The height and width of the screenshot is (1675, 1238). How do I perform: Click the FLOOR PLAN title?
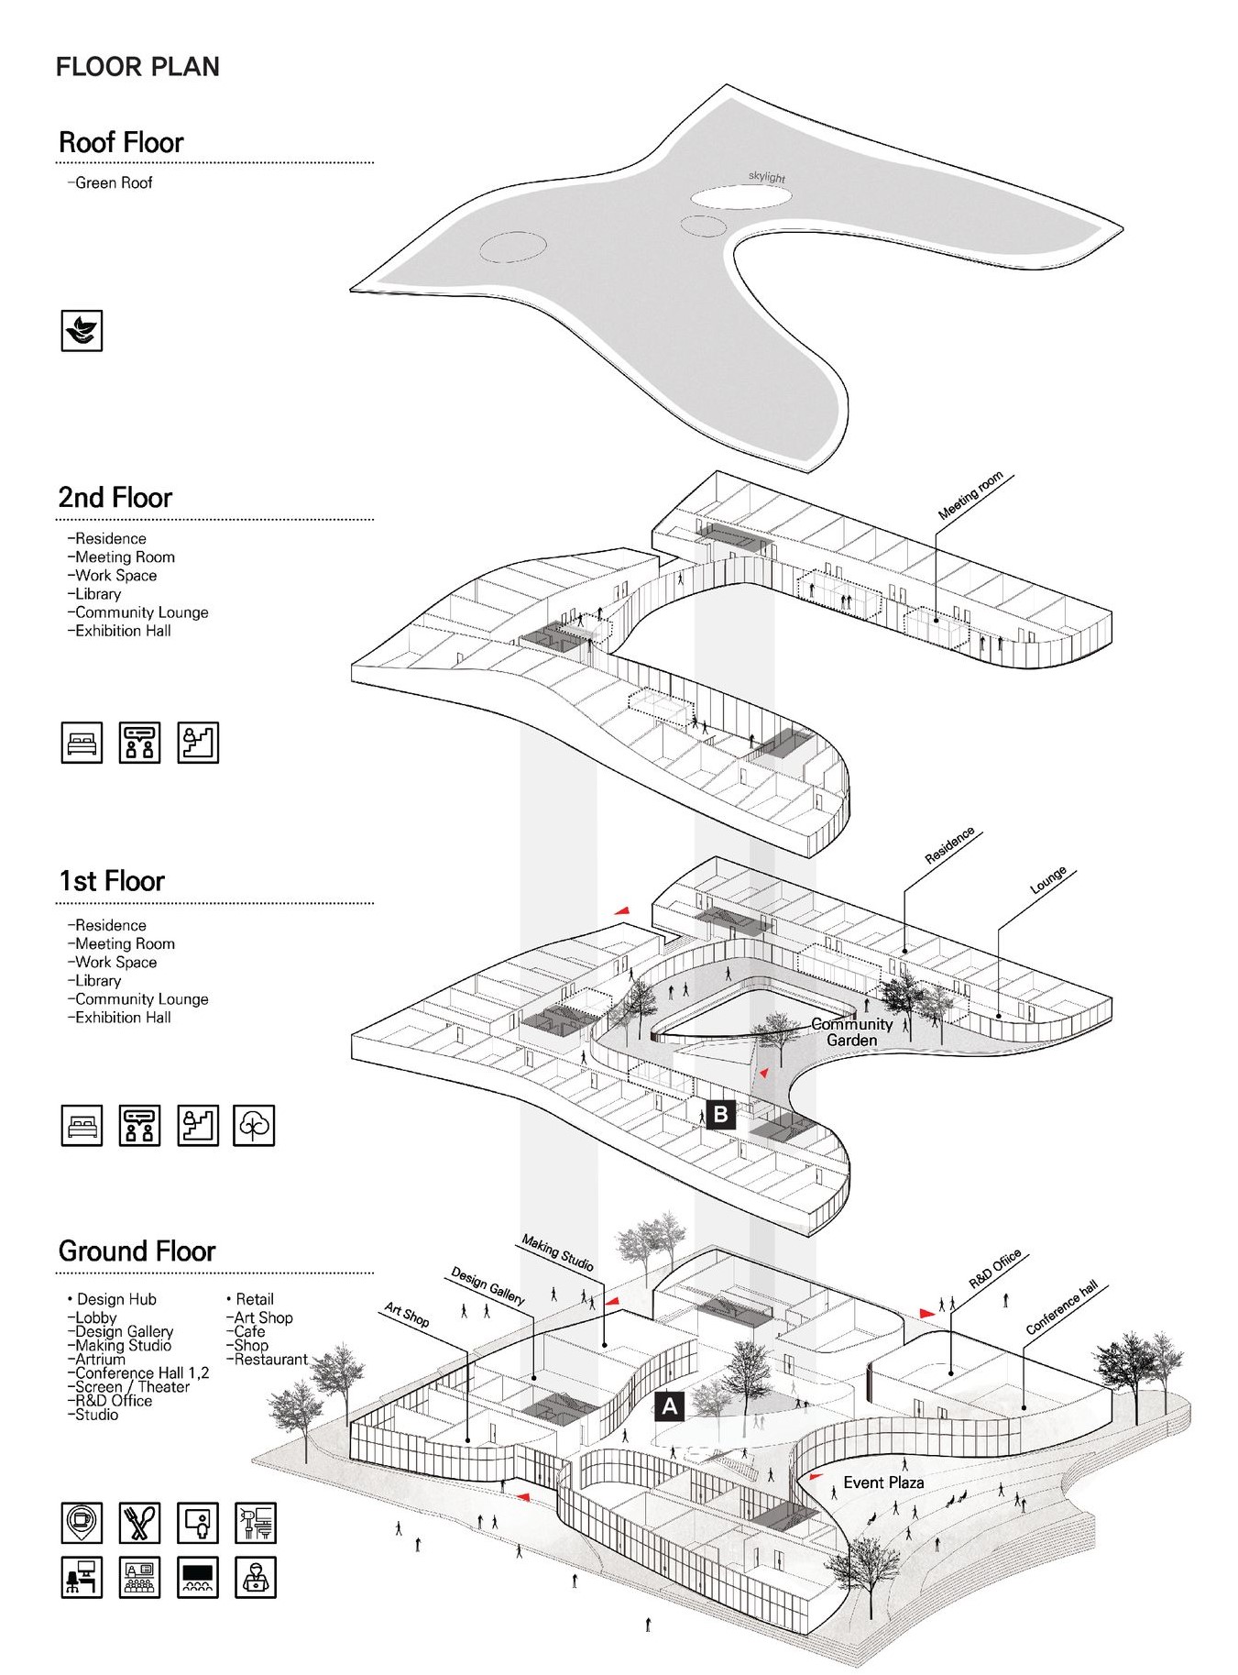[x=137, y=67]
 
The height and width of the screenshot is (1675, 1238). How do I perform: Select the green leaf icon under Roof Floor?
[x=82, y=331]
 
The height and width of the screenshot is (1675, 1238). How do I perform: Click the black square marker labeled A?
[x=670, y=1406]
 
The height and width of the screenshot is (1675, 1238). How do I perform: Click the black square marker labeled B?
[x=720, y=1114]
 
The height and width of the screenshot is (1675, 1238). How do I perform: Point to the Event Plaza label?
[x=883, y=1482]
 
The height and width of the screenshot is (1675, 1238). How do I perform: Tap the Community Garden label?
[x=851, y=1032]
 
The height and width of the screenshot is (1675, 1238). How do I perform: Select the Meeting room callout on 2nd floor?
[x=970, y=496]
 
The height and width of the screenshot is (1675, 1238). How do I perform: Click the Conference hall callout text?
[x=1061, y=1307]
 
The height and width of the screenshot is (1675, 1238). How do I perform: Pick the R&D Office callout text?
[x=995, y=1270]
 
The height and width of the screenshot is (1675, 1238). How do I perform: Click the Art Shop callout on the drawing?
[x=407, y=1316]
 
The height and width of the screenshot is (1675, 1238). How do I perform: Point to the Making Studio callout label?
[x=557, y=1253]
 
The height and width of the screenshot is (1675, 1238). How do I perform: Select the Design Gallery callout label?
[x=488, y=1286]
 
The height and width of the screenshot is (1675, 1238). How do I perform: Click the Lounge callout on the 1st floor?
[x=1048, y=880]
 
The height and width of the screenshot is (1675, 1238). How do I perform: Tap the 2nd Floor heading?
[x=115, y=498]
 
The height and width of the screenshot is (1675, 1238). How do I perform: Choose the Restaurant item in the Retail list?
[x=270, y=1360]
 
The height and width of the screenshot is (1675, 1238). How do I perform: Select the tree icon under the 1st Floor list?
[x=255, y=1125]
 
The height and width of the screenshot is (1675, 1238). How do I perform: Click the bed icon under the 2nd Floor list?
[x=82, y=742]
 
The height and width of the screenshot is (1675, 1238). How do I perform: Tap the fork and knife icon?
[x=139, y=1523]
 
